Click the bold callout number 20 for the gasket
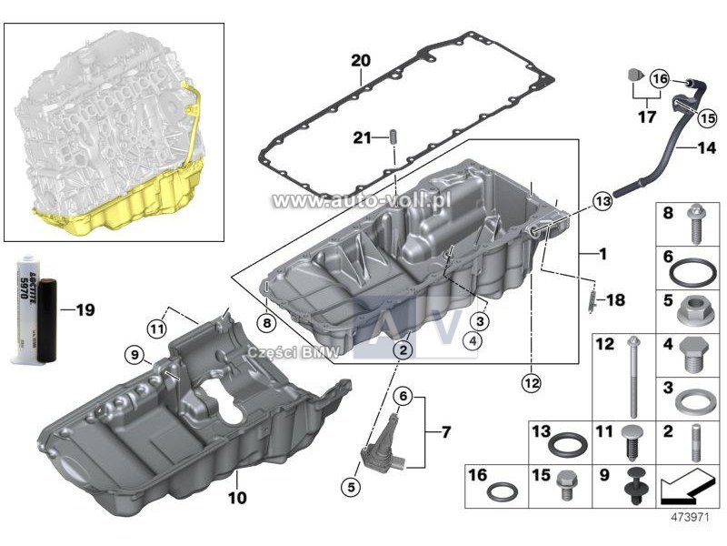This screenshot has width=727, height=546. pyautogui.click(x=361, y=61)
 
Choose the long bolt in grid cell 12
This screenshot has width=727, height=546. pyautogui.click(x=632, y=377)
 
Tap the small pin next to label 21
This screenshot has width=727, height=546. pyautogui.click(x=395, y=138)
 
